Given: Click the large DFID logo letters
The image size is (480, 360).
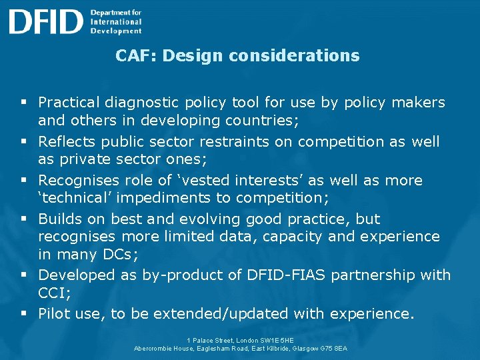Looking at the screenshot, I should [x=45, y=21].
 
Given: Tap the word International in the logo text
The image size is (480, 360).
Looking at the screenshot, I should [x=116, y=21].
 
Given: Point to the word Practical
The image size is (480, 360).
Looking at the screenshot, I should [x=69, y=103].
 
